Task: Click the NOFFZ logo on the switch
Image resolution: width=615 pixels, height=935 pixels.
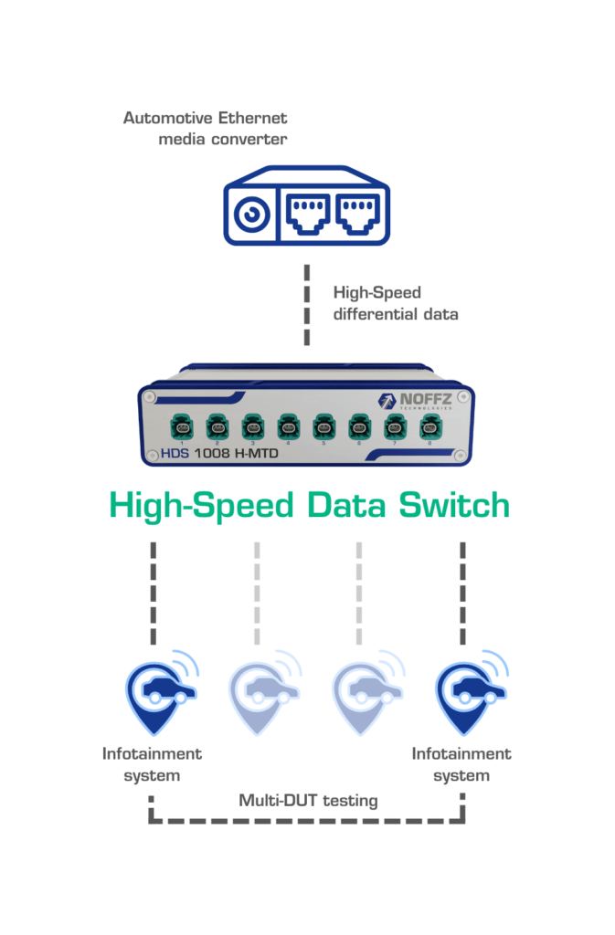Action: (x=419, y=402)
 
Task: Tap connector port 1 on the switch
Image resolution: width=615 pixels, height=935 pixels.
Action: (x=182, y=425)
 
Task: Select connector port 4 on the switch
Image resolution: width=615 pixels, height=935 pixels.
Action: (x=288, y=425)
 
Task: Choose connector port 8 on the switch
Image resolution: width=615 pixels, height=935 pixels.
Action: (x=429, y=425)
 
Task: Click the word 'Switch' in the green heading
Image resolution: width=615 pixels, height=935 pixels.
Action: (x=454, y=505)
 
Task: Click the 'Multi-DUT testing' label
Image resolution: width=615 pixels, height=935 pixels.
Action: (x=308, y=801)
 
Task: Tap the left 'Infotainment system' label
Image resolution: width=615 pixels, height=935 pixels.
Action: (x=152, y=764)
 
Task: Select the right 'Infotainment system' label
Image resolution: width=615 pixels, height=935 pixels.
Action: (x=461, y=764)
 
